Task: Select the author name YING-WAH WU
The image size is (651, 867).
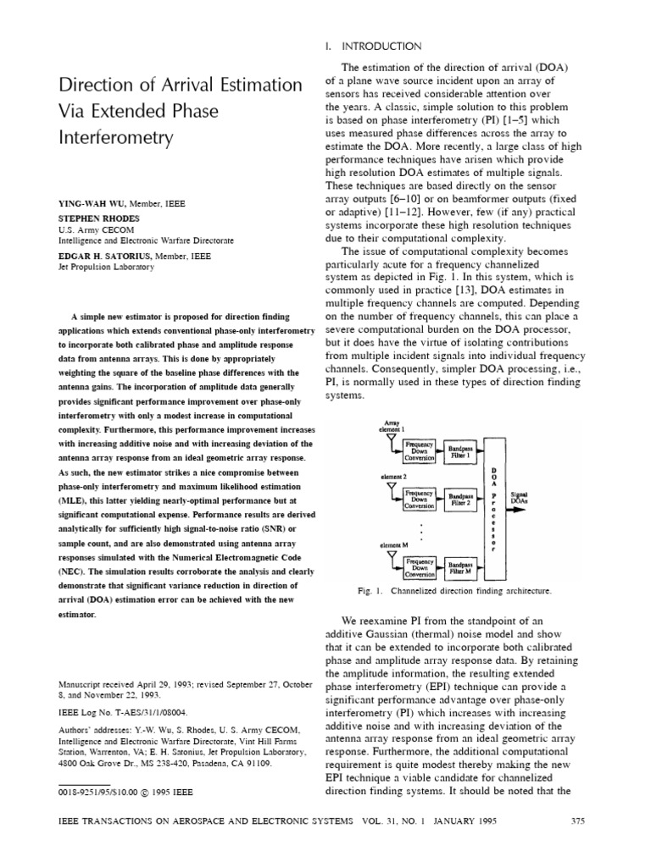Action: pos(92,204)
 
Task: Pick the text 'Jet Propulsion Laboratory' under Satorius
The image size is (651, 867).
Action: pos(106,267)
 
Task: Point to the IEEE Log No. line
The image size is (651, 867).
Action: pos(122,713)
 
